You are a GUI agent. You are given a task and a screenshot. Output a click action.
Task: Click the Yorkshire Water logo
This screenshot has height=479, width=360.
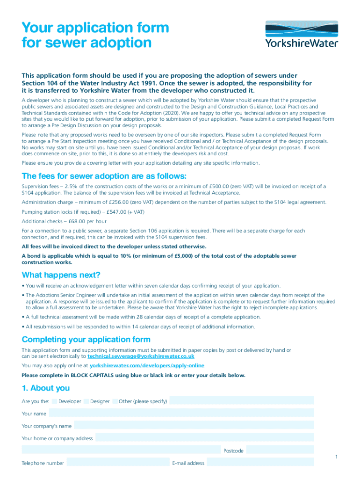click(301, 35)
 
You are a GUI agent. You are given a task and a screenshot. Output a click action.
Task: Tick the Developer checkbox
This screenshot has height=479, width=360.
click(55, 401)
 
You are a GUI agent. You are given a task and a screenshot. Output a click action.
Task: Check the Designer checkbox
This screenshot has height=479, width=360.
click(86, 401)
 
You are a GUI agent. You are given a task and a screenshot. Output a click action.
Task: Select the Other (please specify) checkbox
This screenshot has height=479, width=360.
click(115, 401)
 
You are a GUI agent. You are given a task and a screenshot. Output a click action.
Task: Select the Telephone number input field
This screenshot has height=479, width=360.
click(117, 463)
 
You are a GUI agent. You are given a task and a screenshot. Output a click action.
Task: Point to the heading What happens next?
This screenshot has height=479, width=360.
click(61, 275)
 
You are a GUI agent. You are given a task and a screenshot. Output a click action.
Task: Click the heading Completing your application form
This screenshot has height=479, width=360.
click(86, 339)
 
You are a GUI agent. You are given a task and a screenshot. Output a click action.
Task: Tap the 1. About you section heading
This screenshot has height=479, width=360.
click(46, 388)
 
